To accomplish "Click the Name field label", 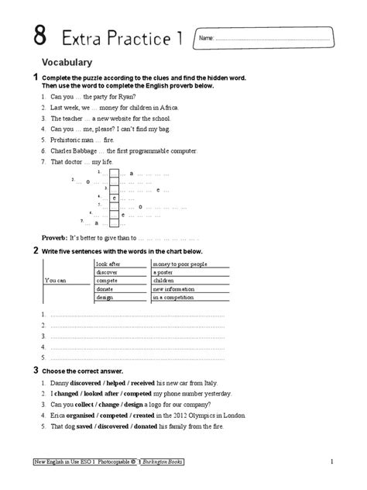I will click(x=205, y=38).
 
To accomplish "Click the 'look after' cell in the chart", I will click(x=108, y=264).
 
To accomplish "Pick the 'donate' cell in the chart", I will click(x=105, y=289).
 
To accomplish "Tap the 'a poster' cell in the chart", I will click(x=163, y=273).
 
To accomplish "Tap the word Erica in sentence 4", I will click(x=58, y=415).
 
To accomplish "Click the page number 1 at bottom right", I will click(x=331, y=463).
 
